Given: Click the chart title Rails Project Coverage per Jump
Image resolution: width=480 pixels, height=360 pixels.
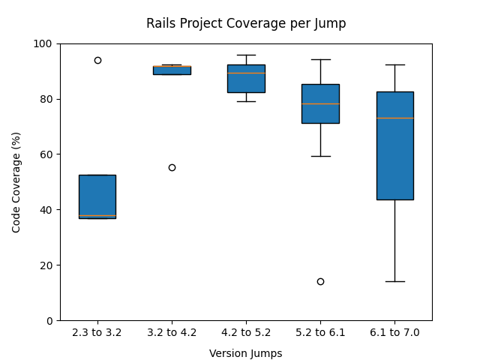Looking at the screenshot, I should click(x=246, y=23).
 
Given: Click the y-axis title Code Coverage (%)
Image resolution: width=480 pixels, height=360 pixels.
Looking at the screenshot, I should click(x=16, y=181).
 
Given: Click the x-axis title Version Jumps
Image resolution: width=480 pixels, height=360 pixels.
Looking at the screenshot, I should click(x=246, y=353).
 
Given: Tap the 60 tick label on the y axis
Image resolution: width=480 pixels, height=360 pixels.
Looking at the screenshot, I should click(x=46, y=154).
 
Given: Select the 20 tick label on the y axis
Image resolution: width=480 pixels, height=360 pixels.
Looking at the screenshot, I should click(x=46, y=265).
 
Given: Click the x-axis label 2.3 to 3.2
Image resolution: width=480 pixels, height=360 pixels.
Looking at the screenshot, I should click(x=97, y=332).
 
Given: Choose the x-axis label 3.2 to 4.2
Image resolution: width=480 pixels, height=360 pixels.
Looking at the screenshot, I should click(x=172, y=332).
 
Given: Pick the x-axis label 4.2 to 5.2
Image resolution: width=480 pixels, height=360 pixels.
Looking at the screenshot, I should click(x=246, y=332).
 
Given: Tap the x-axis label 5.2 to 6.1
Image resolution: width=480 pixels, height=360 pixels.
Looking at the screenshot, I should click(x=320, y=332).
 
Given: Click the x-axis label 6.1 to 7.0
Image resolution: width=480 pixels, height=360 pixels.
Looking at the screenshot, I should click(x=394, y=332).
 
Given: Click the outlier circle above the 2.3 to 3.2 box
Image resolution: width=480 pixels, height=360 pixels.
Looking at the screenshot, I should click(x=97, y=60).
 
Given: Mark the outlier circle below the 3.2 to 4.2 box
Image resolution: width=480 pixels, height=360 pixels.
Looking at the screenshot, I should click(x=172, y=167).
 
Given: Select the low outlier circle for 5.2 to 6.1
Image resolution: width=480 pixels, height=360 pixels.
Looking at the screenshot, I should click(x=320, y=281).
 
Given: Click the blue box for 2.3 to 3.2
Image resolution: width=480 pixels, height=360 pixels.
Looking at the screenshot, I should click(x=97, y=196).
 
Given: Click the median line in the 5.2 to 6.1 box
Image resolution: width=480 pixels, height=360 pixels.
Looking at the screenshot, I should click(x=320, y=103).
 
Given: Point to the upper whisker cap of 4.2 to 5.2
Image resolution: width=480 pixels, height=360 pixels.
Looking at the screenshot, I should click(x=246, y=55).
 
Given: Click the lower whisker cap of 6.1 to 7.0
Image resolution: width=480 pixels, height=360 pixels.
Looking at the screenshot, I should click(x=394, y=281).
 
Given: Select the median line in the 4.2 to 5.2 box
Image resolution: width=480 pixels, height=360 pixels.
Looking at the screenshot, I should click(x=246, y=73).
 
